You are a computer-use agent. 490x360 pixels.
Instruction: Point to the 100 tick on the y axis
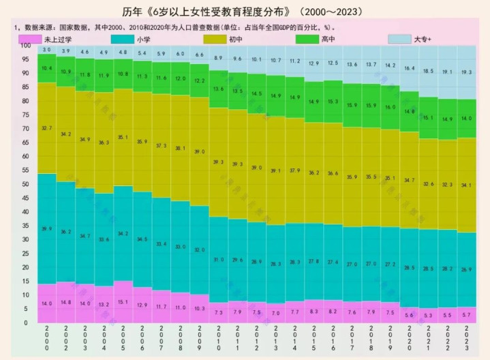(25, 46)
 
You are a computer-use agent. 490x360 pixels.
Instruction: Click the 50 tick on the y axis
(25, 184)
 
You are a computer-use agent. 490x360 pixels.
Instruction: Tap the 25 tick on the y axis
(25, 254)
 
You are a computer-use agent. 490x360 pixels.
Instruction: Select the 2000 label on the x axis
(46, 339)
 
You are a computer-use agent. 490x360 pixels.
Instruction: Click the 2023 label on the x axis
(467, 339)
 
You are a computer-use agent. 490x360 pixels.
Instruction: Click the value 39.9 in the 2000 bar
(46, 228)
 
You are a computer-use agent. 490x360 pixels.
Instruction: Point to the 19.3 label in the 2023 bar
(467, 72)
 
